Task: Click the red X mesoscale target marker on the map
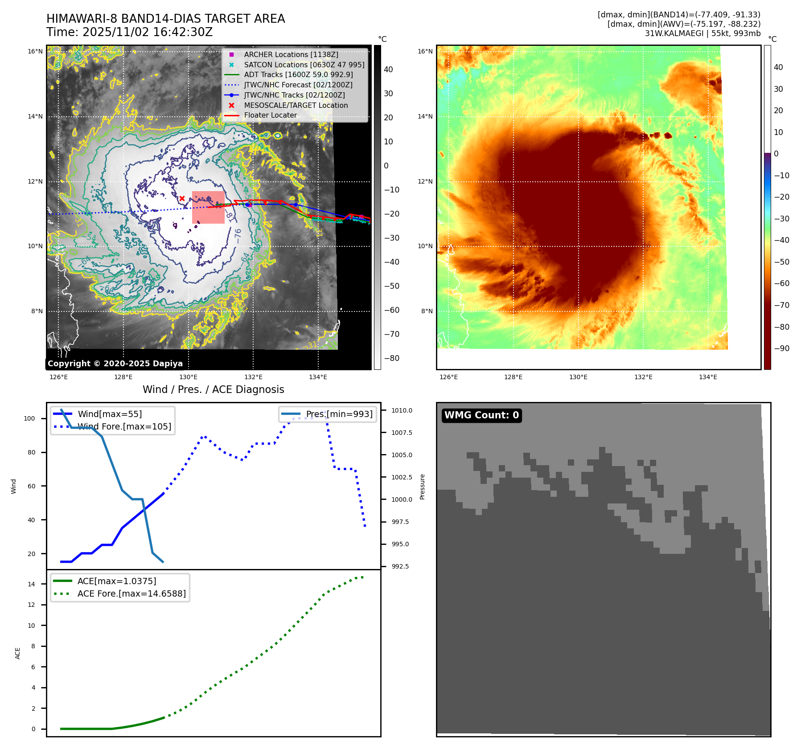click(182, 198)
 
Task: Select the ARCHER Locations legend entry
click(291, 54)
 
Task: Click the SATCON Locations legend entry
click(304, 65)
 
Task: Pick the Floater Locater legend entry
click(270, 115)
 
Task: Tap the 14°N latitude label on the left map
click(35, 117)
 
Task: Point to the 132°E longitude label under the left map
click(253, 377)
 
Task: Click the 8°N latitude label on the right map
click(427, 311)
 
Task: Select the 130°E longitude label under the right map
click(578, 377)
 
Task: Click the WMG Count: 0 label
click(481, 415)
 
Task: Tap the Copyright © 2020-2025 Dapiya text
click(115, 364)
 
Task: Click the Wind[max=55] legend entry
click(110, 414)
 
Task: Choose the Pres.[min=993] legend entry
click(339, 414)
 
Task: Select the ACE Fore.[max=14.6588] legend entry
click(131, 593)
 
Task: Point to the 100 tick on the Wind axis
click(29, 418)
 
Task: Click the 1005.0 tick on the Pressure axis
click(402, 455)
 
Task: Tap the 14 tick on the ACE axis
click(31, 584)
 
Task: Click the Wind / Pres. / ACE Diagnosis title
click(213, 389)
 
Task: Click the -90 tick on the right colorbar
click(781, 348)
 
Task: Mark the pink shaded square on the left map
click(208, 208)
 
